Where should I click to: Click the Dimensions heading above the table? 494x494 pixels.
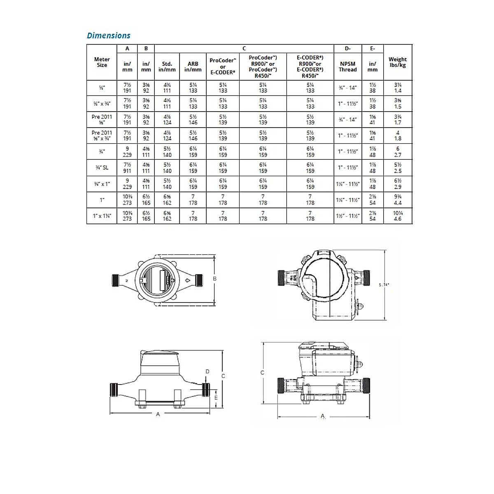(108, 35)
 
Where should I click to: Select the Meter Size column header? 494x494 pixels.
(102, 62)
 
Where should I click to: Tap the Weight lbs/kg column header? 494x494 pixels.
(397, 62)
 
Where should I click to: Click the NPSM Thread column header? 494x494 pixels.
(347, 67)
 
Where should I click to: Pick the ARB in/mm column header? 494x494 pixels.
(193, 67)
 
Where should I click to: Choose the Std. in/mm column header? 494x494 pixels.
(167, 67)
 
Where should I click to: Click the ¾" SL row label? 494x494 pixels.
(102, 168)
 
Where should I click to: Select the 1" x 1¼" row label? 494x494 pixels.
(102, 216)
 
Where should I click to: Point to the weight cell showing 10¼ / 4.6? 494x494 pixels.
(397, 216)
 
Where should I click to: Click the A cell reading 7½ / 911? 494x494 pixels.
(127, 168)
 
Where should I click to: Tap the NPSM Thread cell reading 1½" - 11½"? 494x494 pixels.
(348, 216)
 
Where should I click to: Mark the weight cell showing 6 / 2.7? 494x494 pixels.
(397, 151)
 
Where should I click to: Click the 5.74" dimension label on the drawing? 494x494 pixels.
(384, 284)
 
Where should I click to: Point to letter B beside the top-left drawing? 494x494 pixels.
(214, 279)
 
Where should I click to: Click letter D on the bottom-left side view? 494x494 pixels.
(207, 371)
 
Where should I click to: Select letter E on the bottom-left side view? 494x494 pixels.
(216, 398)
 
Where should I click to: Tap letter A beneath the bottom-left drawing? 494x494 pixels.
(158, 414)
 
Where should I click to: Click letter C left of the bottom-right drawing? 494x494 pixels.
(262, 373)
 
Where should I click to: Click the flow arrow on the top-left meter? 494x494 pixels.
(187, 281)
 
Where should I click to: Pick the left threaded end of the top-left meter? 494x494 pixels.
(115, 280)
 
